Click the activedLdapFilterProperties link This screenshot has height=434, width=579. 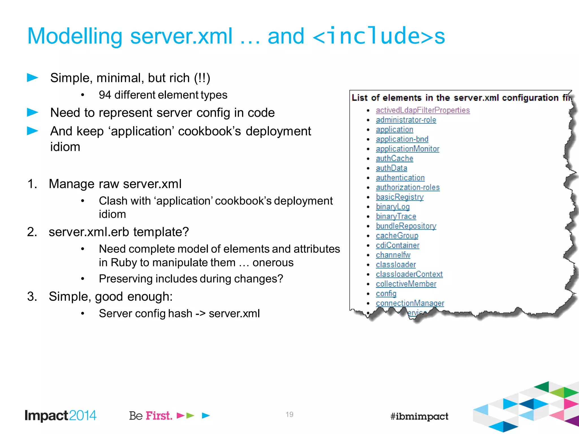(x=423, y=110)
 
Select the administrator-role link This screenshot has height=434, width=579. (x=406, y=120)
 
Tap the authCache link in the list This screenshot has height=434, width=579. (x=394, y=159)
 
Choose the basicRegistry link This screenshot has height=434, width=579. (x=399, y=197)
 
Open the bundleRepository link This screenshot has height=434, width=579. (x=406, y=226)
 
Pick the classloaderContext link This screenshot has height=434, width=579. (x=409, y=274)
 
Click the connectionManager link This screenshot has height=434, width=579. (x=410, y=303)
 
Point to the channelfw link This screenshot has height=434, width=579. (x=393, y=255)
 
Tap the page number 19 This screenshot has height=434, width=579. (x=289, y=415)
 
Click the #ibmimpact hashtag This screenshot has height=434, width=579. (x=419, y=416)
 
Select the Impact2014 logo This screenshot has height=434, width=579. (x=61, y=416)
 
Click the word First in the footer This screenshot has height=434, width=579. (x=159, y=416)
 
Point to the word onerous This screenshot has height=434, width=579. (x=273, y=262)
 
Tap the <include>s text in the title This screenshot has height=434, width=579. (x=379, y=36)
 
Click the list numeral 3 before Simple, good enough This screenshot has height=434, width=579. (x=32, y=297)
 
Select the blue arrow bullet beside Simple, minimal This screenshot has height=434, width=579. (x=33, y=77)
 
